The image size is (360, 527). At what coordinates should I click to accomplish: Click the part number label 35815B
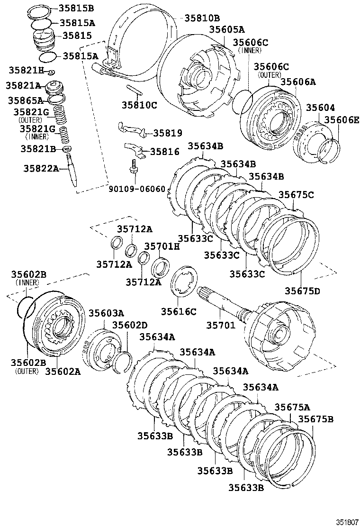pyautogui.click(x=76, y=8)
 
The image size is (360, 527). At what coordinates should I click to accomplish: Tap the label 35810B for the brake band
pyautogui.click(x=202, y=18)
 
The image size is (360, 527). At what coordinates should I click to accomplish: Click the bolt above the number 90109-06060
pyautogui.click(x=135, y=168)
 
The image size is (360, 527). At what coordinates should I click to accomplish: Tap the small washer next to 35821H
pyautogui.click(x=52, y=72)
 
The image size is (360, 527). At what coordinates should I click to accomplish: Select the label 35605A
pyautogui.click(x=227, y=30)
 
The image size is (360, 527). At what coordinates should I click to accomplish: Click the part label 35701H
pyautogui.click(x=162, y=246)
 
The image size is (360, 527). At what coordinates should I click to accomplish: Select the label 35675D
pyautogui.click(x=302, y=291)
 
